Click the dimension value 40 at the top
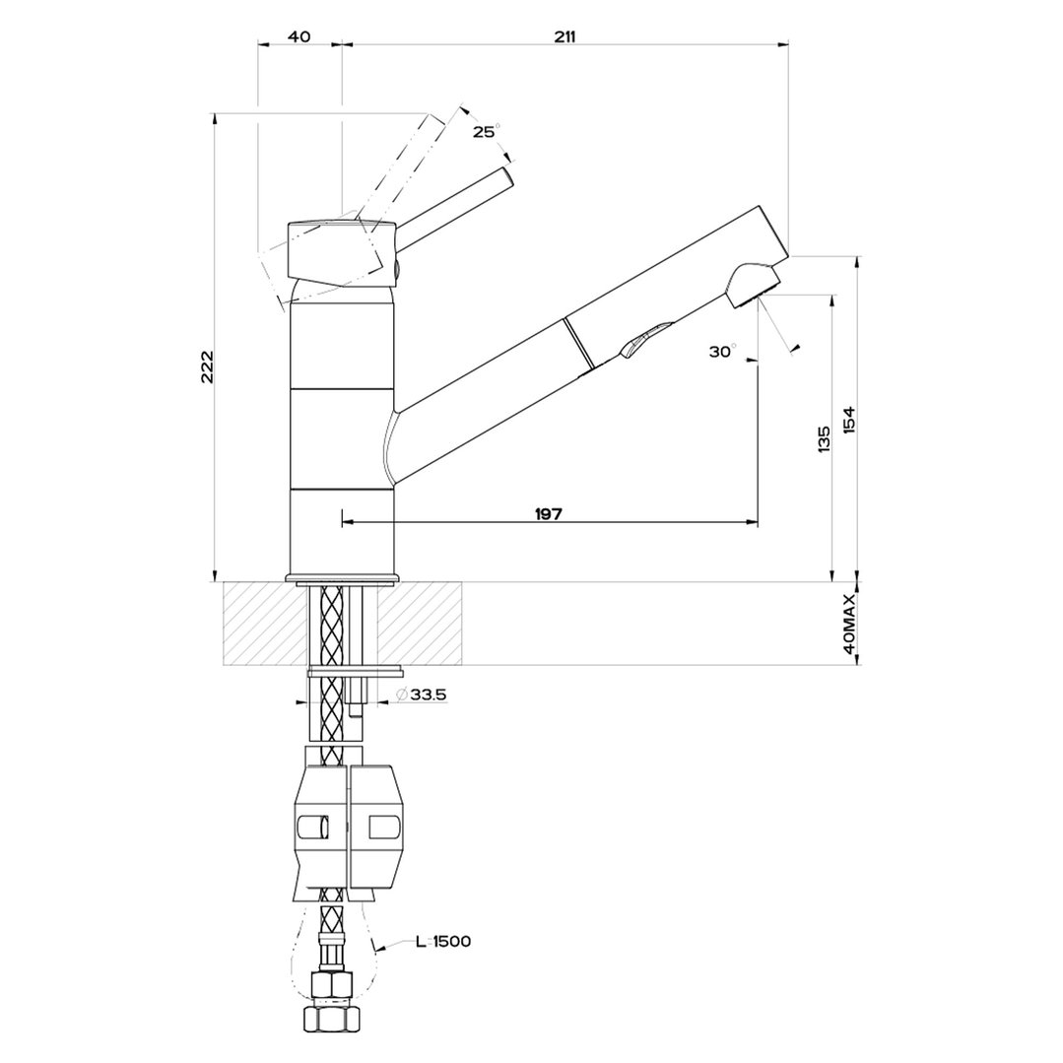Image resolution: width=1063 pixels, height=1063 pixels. [299, 36]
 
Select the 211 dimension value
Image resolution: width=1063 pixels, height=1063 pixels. [565, 36]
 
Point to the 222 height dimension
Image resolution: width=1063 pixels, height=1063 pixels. [207, 367]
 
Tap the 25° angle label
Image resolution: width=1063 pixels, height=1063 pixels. [485, 132]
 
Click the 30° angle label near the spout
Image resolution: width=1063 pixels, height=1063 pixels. [721, 352]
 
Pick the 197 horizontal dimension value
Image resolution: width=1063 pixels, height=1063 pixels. [548, 514]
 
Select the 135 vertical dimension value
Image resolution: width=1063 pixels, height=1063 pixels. [824, 440]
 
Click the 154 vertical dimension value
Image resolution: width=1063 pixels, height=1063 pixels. [849, 421]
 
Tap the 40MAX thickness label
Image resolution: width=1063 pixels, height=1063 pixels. [849, 625]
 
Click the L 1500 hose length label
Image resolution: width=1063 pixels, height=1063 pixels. [442, 942]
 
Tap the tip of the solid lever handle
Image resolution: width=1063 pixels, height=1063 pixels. [506, 175]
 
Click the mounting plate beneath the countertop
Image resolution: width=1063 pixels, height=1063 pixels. [355, 672]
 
